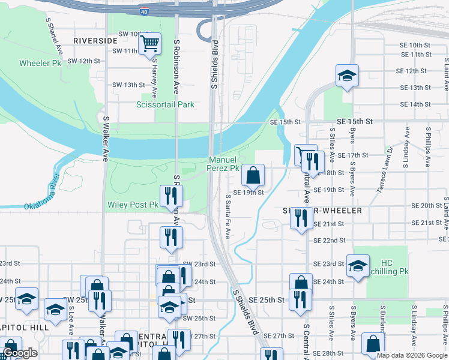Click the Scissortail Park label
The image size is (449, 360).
click(x=165, y=104)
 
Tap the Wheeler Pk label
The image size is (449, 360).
click(x=40, y=63)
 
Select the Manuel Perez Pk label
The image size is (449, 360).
click(x=224, y=164)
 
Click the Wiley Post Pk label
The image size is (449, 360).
click(x=133, y=205)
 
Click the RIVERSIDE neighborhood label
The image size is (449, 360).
click(x=95, y=40)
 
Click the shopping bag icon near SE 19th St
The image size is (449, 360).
click(x=253, y=176)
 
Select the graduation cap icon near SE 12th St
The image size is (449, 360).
click(x=347, y=76)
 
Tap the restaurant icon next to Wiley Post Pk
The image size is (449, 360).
click(x=171, y=195)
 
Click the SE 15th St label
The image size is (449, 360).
click(x=355, y=121)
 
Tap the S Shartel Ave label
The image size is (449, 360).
click(x=54, y=35)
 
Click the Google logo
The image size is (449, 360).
click(x=20, y=353)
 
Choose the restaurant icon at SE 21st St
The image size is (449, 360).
click(x=301, y=218)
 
